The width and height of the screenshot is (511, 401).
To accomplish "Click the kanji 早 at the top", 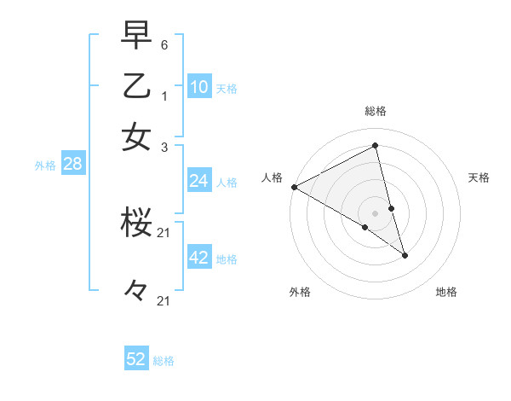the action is (x=136, y=36).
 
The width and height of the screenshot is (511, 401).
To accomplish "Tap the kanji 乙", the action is (x=136, y=86).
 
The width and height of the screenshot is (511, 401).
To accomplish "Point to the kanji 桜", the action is (x=136, y=224).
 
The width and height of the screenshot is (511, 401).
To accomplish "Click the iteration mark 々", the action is (x=136, y=291).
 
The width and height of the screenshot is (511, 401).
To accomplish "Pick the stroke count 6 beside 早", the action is (x=164, y=44).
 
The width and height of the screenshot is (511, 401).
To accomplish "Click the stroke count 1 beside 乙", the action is (x=164, y=96).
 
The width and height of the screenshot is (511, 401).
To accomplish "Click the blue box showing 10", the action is (x=199, y=87).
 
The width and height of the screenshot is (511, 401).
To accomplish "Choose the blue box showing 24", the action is (x=199, y=181).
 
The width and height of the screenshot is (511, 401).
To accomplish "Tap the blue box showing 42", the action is (x=199, y=258).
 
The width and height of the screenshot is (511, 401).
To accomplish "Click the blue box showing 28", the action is (x=72, y=165).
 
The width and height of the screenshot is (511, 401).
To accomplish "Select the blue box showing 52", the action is (x=136, y=359).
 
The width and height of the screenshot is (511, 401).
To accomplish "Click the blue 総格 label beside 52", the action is (x=164, y=361).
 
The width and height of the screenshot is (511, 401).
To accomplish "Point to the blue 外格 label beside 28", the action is (x=45, y=166).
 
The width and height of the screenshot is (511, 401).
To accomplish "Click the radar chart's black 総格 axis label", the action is (x=376, y=111).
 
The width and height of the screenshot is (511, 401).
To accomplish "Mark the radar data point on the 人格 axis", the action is (x=294, y=187).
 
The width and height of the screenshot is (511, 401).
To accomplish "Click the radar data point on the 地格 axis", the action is (x=405, y=255).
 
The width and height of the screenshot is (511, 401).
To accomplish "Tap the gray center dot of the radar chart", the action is (x=376, y=212).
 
